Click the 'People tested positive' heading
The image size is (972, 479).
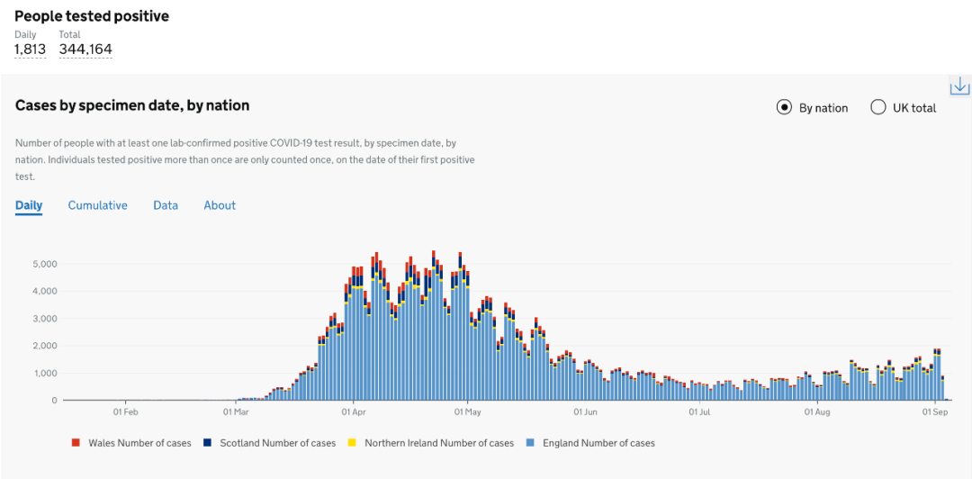[92, 16]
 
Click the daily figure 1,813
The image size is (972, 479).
[30, 50]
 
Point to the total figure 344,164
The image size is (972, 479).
[85, 50]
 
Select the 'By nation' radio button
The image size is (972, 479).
[784, 108]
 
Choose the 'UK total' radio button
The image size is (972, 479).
[878, 108]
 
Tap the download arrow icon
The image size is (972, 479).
[959, 86]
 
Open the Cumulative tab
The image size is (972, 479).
[97, 205]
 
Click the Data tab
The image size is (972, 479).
[166, 205]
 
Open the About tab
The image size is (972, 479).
[220, 205]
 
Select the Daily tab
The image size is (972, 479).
[29, 205]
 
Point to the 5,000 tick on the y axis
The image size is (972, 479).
[45, 264]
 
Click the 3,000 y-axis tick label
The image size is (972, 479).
[45, 319]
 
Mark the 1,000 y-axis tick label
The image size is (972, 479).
[45, 373]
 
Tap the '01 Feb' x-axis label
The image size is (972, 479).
[125, 412]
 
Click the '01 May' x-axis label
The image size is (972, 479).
[468, 412]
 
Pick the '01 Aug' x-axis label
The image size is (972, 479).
[817, 412]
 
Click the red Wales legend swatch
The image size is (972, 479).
[76, 443]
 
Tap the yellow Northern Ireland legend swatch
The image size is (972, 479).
[353, 443]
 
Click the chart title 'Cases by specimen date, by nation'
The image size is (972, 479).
[132, 106]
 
